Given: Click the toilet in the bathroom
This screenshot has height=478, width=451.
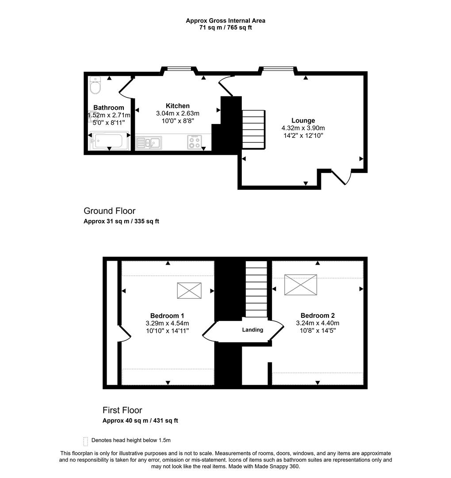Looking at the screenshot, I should click(x=95, y=85).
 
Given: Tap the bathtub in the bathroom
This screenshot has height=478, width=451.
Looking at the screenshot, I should click(x=110, y=141).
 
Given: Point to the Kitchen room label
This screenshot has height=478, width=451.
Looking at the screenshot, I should click(x=178, y=106).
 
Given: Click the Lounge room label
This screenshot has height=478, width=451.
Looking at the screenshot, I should click(x=303, y=120).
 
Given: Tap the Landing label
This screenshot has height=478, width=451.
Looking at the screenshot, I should click(x=252, y=330).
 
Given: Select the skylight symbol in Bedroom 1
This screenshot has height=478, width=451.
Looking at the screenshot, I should click(x=189, y=290).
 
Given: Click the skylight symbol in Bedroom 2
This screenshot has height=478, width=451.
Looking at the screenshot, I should click(x=301, y=284).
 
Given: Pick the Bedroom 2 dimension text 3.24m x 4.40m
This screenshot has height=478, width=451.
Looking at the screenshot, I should click(x=317, y=323).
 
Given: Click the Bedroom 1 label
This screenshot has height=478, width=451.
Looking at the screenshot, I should click(x=167, y=316).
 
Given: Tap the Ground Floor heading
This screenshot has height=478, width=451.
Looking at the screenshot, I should click(x=109, y=211).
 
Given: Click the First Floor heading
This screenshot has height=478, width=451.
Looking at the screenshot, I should click(x=122, y=410).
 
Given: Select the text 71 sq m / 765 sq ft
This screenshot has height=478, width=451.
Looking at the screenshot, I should click(x=225, y=27).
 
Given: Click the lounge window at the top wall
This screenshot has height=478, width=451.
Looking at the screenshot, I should click(x=278, y=69).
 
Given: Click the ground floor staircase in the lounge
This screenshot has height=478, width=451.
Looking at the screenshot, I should click(x=253, y=129).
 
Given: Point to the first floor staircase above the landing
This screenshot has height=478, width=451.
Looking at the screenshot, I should click(x=256, y=289).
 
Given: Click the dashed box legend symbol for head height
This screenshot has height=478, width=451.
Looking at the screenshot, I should click(x=85, y=441).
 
